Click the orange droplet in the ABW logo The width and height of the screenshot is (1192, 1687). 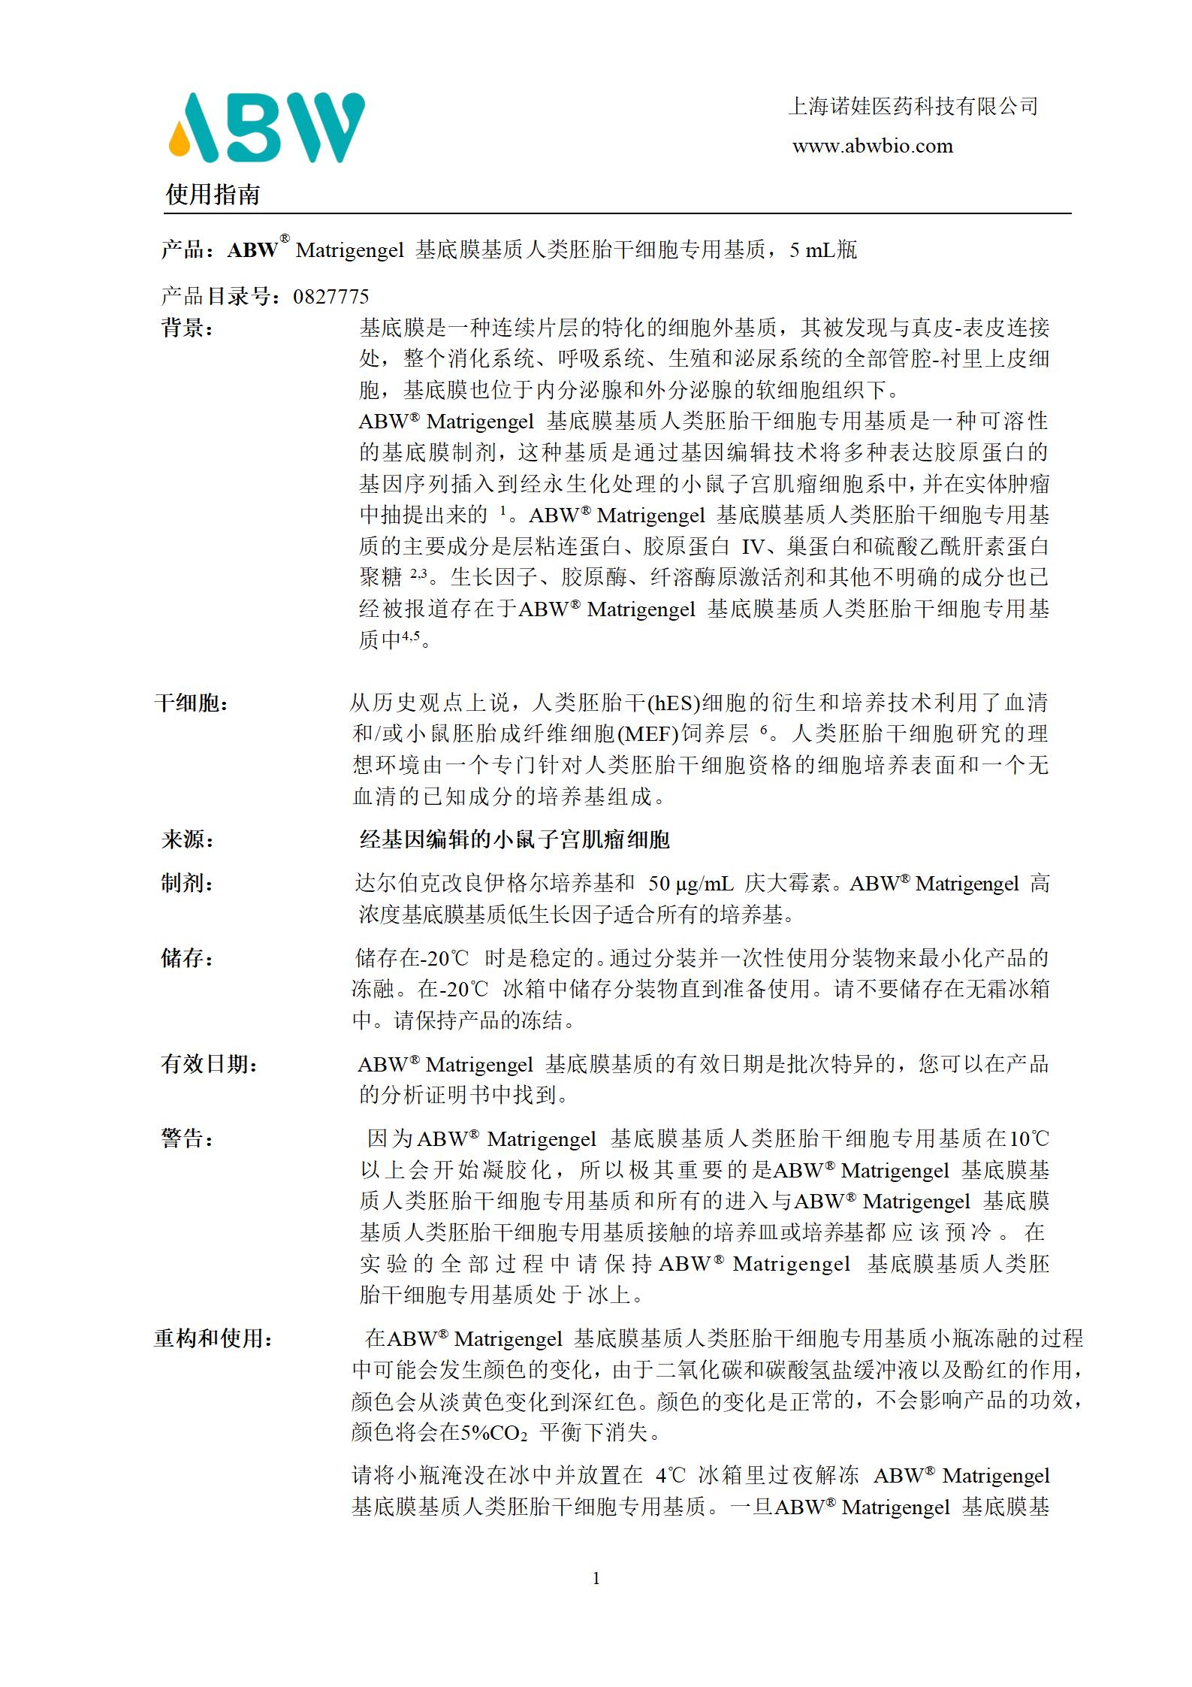[180, 140]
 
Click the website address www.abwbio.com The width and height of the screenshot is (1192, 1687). [872, 147]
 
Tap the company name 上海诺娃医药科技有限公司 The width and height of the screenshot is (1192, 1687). [913, 107]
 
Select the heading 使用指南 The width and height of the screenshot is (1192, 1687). [213, 195]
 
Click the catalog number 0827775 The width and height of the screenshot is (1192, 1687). [330, 296]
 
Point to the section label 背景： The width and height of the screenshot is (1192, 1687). [187, 328]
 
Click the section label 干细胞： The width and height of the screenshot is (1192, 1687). [192, 703]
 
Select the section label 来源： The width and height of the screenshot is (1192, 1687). [187, 839]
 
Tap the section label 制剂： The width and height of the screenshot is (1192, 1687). [187, 884]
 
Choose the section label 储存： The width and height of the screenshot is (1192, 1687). [187, 958]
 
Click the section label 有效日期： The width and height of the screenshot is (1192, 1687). [209, 1064]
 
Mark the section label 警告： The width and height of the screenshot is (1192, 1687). [187, 1138]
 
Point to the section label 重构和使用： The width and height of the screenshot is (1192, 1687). [213, 1338]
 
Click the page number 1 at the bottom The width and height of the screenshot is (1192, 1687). [596, 1578]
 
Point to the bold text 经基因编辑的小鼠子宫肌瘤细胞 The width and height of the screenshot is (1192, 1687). [514, 839]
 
